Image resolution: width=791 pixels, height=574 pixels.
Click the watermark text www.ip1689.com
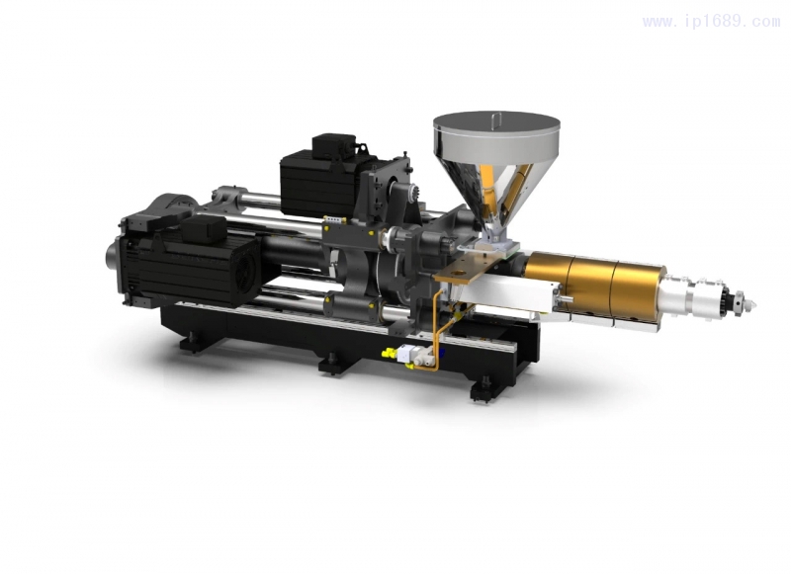coord(711,21)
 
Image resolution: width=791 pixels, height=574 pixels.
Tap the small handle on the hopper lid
coord(497,118)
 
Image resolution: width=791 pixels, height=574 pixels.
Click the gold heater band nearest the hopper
coord(548,279)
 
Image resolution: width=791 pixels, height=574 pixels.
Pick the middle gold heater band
coord(590,286)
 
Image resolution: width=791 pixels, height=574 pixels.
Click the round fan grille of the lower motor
coord(245,278)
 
